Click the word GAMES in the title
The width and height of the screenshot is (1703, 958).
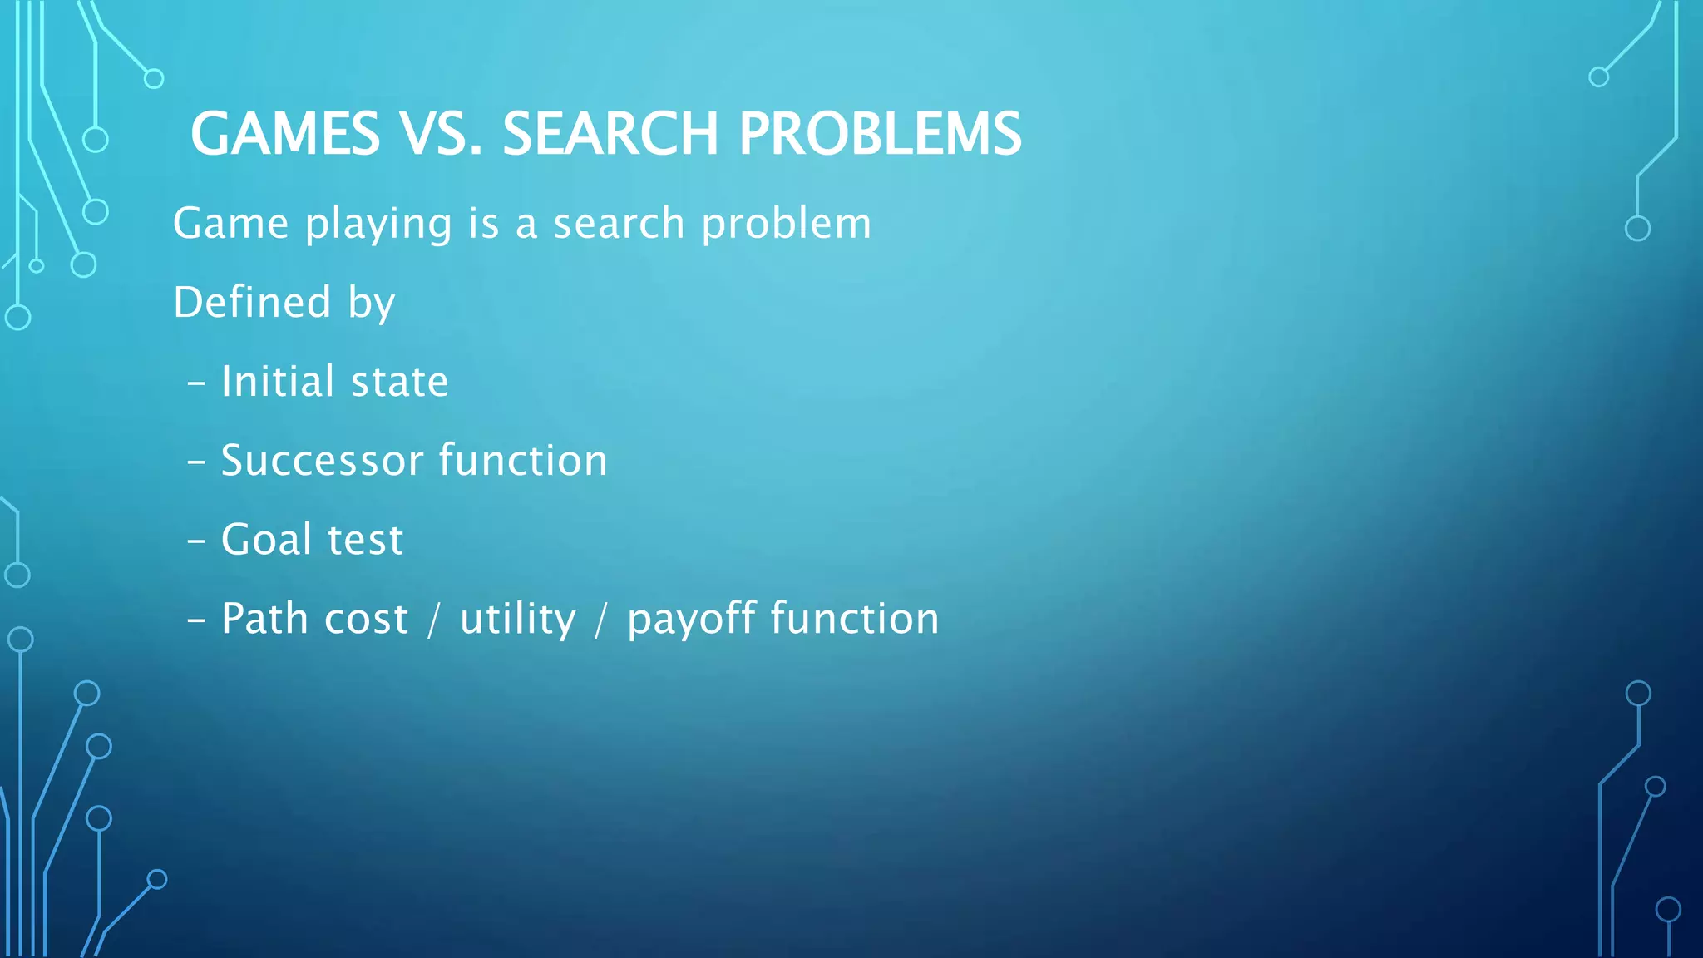coord(285,134)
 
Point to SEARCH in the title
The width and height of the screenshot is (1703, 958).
coord(610,134)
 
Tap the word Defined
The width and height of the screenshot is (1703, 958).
coord(252,302)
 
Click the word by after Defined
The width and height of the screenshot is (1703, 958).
coord(372,304)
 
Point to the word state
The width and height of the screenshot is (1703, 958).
coord(399,383)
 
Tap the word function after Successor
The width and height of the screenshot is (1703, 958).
coord(523,460)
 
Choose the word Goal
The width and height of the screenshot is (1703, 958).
coord(266,539)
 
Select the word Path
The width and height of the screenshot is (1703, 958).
coord(263,619)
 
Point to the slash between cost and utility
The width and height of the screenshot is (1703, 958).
coord(433,620)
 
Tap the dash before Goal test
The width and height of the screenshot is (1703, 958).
coord(196,541)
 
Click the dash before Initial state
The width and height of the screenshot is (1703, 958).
coord(196,383)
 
